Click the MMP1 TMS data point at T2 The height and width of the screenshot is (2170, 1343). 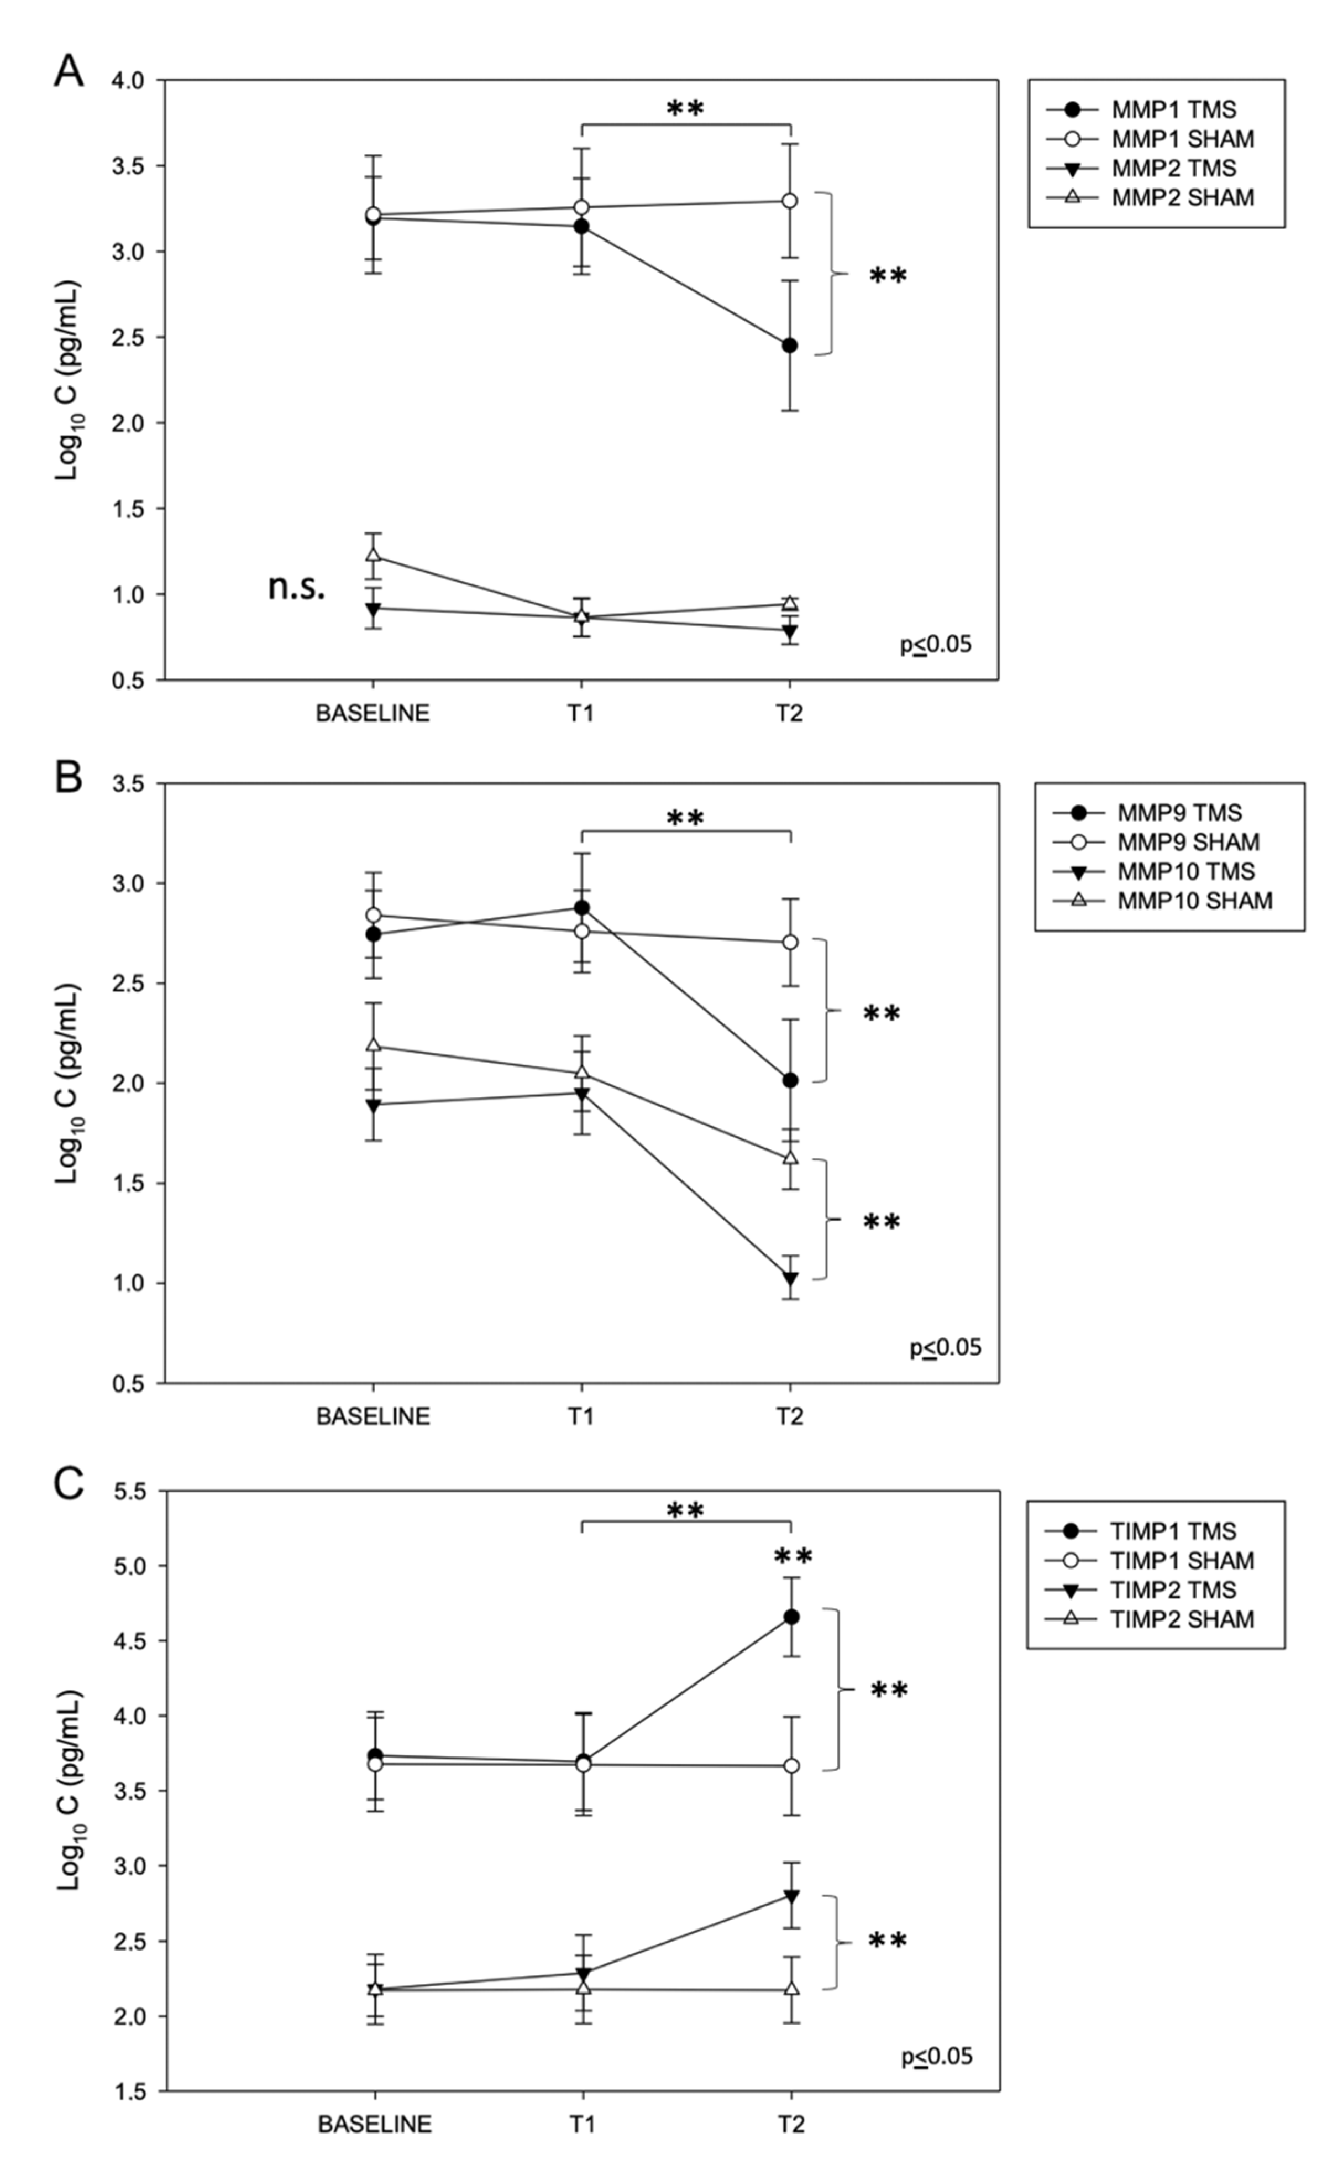tap(789, 346)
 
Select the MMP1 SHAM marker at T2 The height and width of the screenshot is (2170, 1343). tap(789, 201)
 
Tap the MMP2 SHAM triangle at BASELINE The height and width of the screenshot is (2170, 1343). tap(373, 555)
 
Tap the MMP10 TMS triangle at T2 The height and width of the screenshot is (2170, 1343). tap(789, 1279)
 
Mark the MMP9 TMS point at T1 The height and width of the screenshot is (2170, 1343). tap(582, 908)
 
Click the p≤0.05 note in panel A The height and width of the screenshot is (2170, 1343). tap(936, 645)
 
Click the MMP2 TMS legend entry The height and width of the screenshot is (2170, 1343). tap(1172, 168)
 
